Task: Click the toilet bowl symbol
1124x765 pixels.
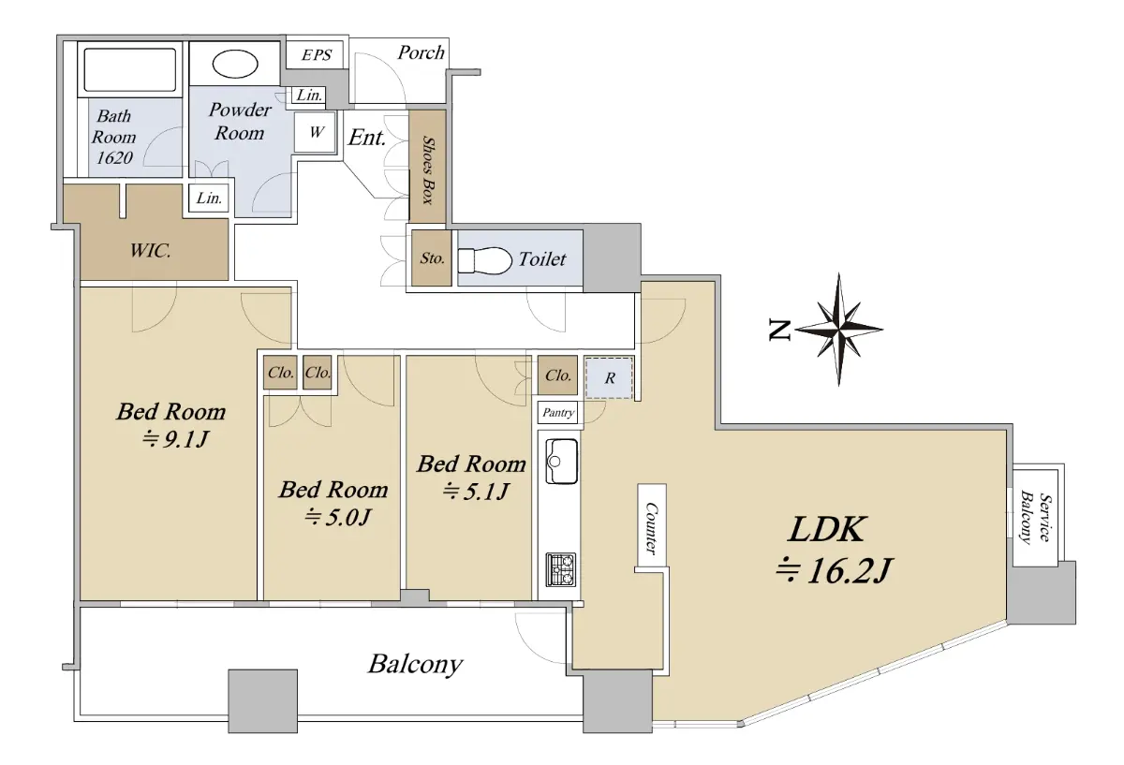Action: (x=484, y=260)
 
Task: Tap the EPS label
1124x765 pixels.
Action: (x=317, y=54)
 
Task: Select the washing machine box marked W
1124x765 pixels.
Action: (x=315, y=132)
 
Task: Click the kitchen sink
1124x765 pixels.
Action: (x=561, y=462)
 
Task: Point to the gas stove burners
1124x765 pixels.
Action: (x=561, y=569)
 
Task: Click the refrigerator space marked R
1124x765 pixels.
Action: (x=609, y=377)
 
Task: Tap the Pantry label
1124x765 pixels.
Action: (x=558, y=413)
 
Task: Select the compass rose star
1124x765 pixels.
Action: (x=838, y=330)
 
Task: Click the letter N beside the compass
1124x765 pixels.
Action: (x=779, y=331)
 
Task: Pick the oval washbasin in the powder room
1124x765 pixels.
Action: (x=235, y=65)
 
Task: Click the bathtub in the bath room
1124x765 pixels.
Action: (x=130, y=69)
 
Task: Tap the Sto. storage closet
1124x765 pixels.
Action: (x=432, y=257)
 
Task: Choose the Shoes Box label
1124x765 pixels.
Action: (x=427, y=170)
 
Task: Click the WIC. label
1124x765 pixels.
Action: (x=150, y=250)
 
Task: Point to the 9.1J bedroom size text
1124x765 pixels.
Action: (x=176, y=439)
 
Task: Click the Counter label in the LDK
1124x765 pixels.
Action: (x=651, y=529)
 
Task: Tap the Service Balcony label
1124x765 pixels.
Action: (x=1036, y=517)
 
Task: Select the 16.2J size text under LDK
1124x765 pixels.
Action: (x=834, y=570)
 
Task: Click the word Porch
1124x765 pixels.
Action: (x=421, y=52)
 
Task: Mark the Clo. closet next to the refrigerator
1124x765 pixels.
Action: (x=557, y=375)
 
